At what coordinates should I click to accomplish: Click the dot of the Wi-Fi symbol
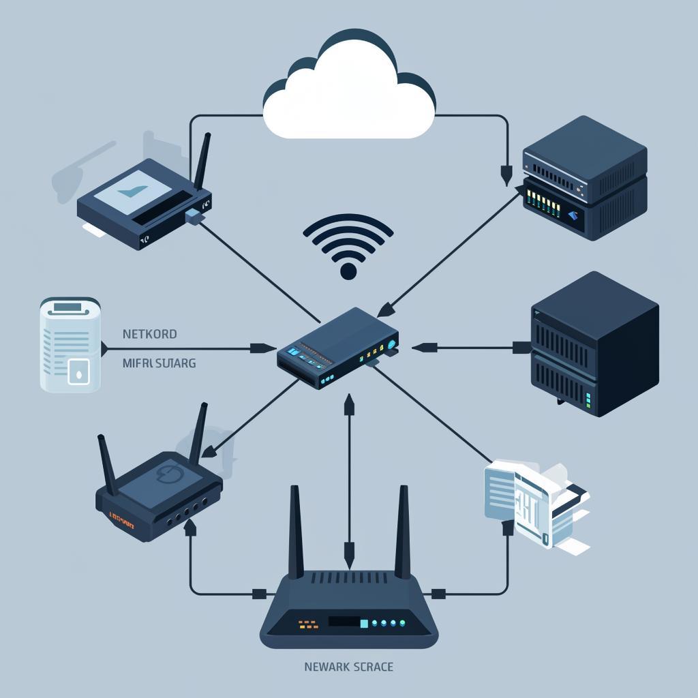click(x=348, y=271)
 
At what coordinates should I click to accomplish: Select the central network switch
click(x=337, y=348)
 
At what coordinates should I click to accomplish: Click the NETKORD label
click(x=149, y=335)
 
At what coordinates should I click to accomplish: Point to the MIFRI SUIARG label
click(x=159, y=363)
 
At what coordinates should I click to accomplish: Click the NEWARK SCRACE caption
click(x=348, y=667)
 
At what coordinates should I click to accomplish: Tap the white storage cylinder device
click(x=70, y=344)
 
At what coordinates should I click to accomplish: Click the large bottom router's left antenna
click(x=296, y=532)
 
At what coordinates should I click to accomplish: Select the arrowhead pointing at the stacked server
click(x=505, y=175)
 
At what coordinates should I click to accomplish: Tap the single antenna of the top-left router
click(x=202, y=162)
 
